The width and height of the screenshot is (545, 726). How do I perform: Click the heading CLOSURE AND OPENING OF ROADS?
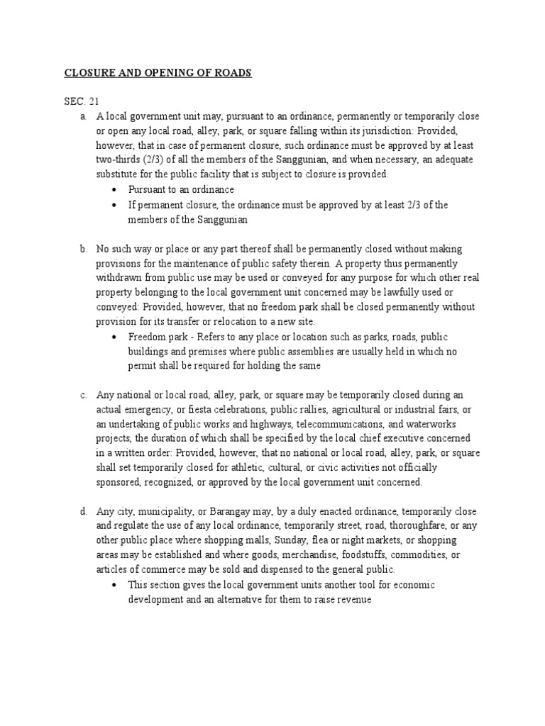pos(158,73)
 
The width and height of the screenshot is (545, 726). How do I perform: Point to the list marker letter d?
pos(83,511)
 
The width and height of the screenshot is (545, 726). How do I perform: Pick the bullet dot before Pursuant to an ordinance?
pos(116,190)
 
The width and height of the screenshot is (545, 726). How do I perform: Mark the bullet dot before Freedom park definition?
pos(116,337)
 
